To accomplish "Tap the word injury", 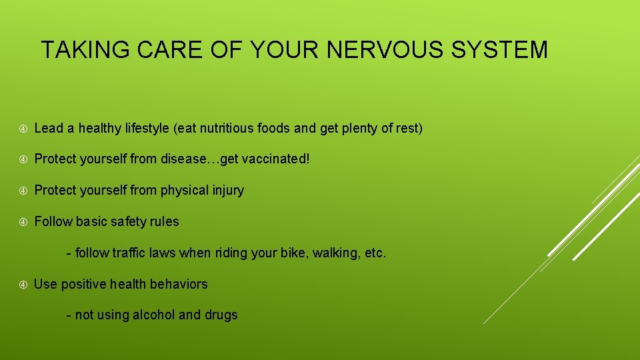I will (x=227, y=191).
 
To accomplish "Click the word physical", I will (x=183, y=191).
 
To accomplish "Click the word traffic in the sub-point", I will (x=132, y=253).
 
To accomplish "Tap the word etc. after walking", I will (x=375, y=253).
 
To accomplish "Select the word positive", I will (x=83, y=285).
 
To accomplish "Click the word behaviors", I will (x=179, y=285).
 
